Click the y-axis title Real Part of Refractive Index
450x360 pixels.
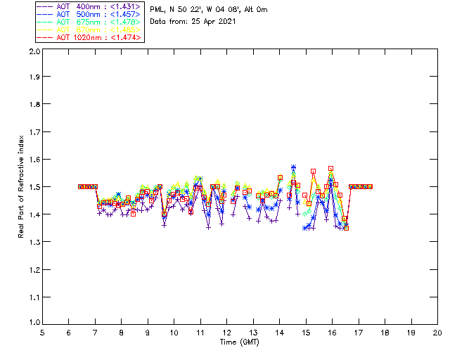pos(21,187)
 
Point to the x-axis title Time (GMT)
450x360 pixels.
pos(240,342)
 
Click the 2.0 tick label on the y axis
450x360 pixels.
pos(33,52)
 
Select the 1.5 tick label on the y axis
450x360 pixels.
pos(33,187)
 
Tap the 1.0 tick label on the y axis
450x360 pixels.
pos(33,323)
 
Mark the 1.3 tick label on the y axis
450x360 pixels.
pos(33,241)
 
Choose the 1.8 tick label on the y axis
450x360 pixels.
pos(33,106)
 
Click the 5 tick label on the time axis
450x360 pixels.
pos(42,333)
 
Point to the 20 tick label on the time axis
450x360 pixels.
pos(437,333)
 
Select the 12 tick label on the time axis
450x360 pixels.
pos(226,333)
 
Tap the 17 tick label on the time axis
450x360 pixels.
pos(359,333)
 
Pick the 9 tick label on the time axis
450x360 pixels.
pos(148,333)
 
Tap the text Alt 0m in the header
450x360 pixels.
pos(256,10)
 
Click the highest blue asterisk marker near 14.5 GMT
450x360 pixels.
pos(293,167)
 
